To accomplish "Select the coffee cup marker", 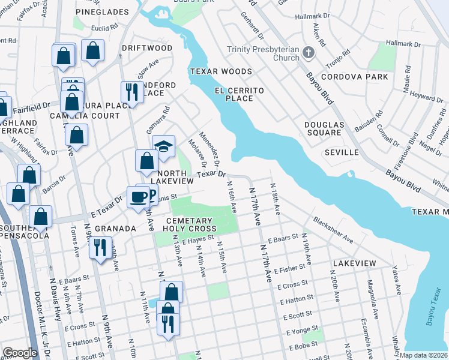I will click(x=139, y=196).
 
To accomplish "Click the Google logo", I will click(x=20, y=353).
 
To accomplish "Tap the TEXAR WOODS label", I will click(x=221, y=71).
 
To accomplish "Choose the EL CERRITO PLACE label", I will click(x=240, y=94).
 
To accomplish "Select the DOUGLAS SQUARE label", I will click(x=324, y=128).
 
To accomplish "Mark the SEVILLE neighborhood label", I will click(x=342, y=152).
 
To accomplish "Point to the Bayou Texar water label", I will click(x=433, y=311).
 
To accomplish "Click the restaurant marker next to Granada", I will click(x=100, y=247).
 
